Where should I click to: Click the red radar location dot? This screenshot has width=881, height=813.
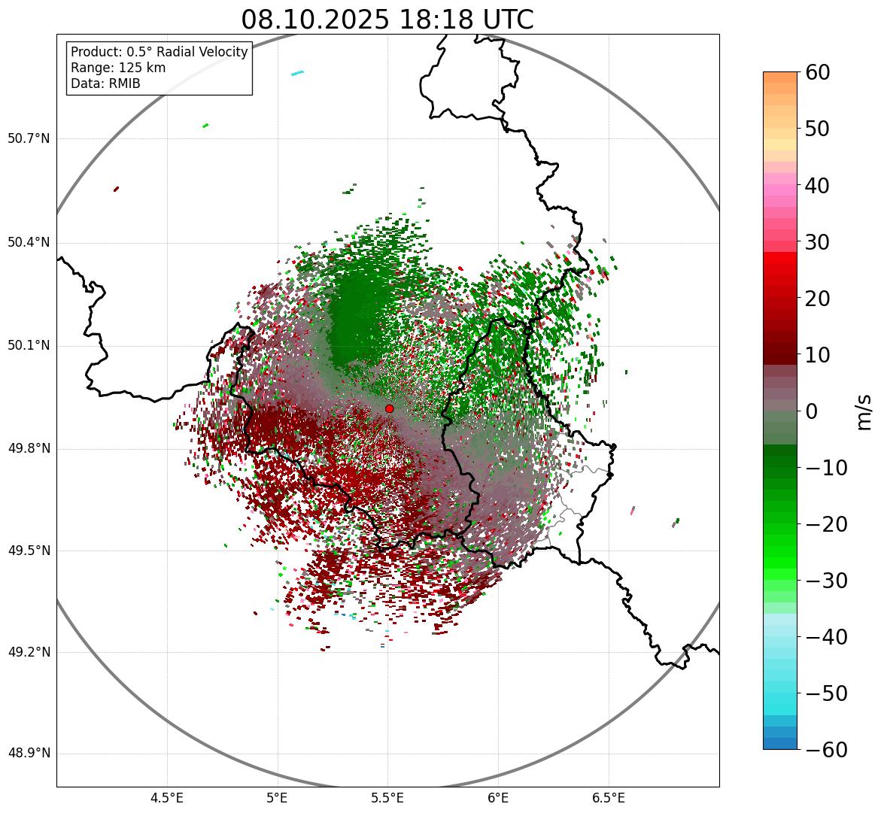pos(389,408)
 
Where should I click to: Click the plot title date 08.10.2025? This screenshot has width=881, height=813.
pos(314,20)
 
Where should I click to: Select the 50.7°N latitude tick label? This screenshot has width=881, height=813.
pos(29,139)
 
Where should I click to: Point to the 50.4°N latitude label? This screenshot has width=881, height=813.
pos(29,243)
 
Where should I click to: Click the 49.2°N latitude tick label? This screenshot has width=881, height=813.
pos(29,652)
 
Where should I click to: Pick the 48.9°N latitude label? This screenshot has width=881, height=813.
pos(29,754)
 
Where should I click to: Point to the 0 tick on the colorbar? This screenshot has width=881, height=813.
pos(812,411)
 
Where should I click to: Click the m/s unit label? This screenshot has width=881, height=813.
pos(864,411)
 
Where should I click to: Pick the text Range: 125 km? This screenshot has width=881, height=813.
pos(118,68)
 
